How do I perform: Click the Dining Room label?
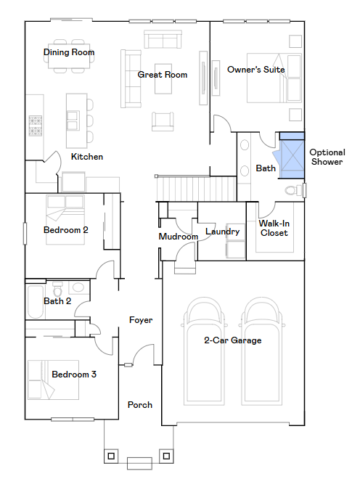tap(69, 52)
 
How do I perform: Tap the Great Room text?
tap(163, 75)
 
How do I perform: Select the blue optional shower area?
tap(292, 155)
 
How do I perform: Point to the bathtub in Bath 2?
tap(36, 302)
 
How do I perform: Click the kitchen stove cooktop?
tap(36, 126)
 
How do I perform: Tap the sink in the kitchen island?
tap(73, 120)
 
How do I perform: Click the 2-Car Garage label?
tap(233, 340)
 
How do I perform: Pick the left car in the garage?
tap(204, 351)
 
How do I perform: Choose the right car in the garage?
tap(262, 351)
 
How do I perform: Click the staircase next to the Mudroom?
tap(196, 189)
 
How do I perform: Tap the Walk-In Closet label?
tap(274, 228)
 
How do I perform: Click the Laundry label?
tap(223, 232)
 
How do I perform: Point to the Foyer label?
tap(141, 320)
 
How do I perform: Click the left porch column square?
tap(111, 457)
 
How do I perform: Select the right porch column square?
tap(166, 456)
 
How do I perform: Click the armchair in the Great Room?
tap(163, 121)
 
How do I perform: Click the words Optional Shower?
tap(327, 157)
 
